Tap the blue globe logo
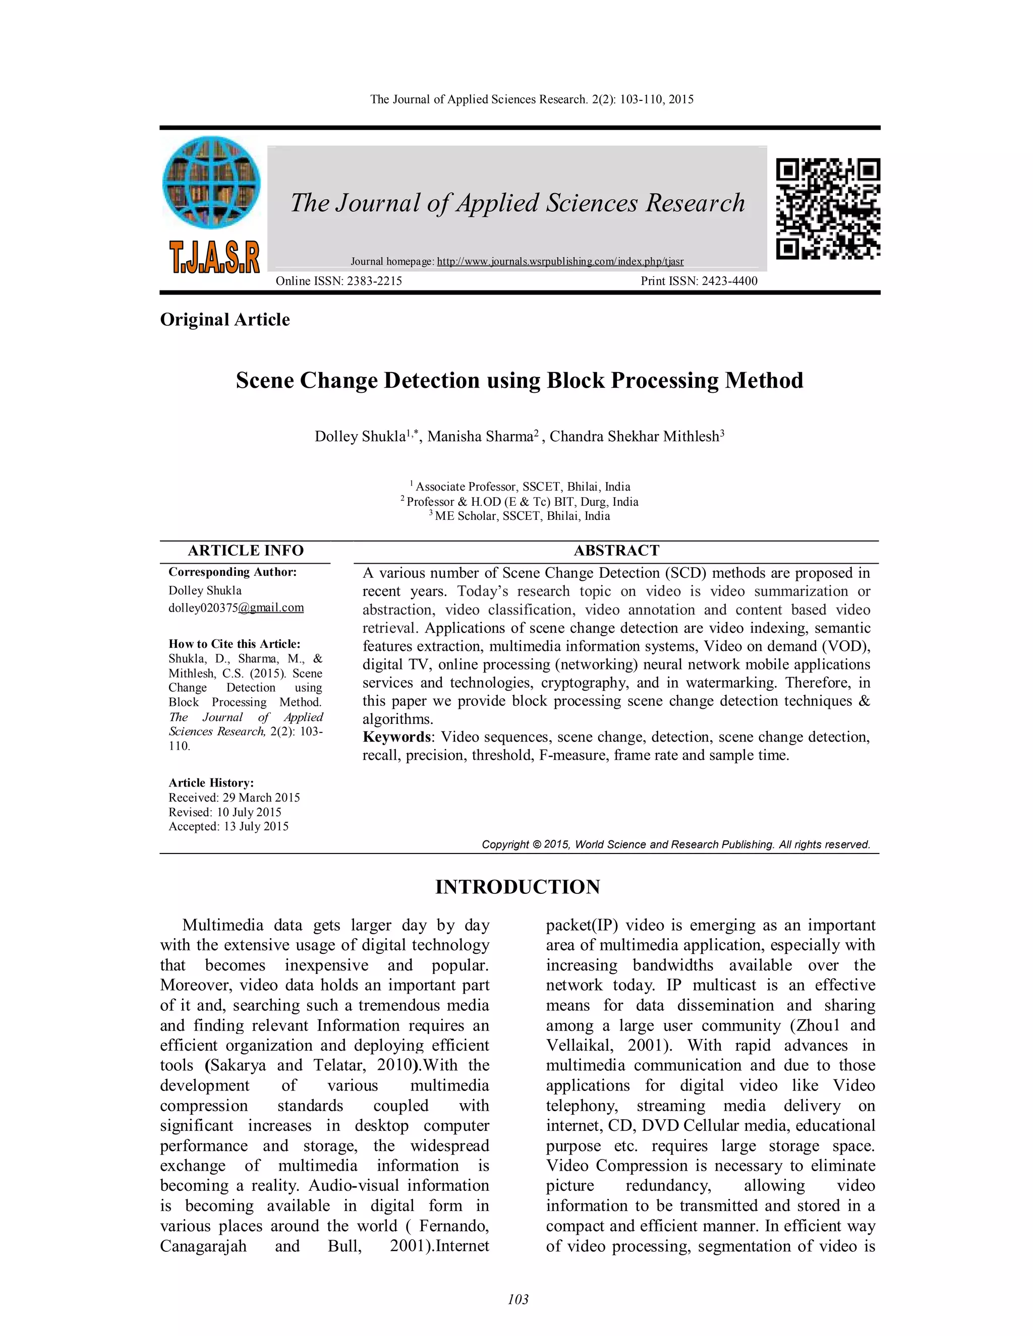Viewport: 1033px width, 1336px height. (x=211, y=183)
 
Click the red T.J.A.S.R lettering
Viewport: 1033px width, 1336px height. (x=214, y=257)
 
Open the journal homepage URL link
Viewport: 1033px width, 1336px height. (x=560, y=262)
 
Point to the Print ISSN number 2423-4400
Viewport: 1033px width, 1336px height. (x=729, y=281)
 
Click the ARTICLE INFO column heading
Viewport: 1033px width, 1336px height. (x=246, y=551)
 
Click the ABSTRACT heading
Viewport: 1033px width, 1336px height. (x=616, y=551)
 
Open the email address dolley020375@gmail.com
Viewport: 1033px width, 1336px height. (x=236, y=608)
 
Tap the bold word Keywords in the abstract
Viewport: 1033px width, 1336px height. (x=396, y=737)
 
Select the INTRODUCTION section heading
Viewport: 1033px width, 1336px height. (x=518, y=887)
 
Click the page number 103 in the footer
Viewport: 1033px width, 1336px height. (x=518, y=1299)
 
